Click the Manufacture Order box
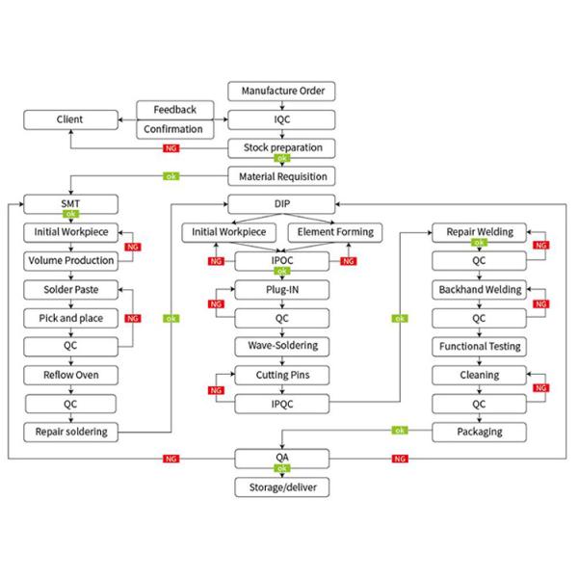(x=281, y=92)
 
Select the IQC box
(x=281, y=119)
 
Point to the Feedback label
(x=173, y=109)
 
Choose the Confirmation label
(x=173, y=129)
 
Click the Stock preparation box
(x=281, y=147)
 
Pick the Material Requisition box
(x=281, y=175)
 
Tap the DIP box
(x=281, y=203)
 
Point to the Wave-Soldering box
(x=281, y=345)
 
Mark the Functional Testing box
(x=479, y=345)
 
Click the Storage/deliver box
(x=281, y=487)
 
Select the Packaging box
(x=479, y=431)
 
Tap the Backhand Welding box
(x=479, y=289)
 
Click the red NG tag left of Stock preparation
(x=170, y=148)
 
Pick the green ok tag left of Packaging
(x=400, y=431)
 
